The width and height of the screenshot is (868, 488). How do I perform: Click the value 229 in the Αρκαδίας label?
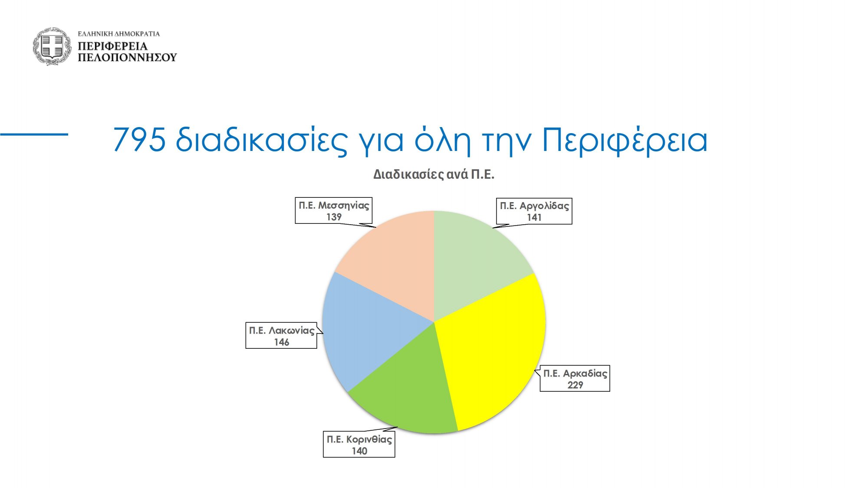(x=575, y=385)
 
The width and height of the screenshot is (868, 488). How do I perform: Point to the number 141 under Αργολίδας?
(x=534, y=217)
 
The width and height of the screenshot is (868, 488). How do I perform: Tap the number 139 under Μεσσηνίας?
(x=334, y=217)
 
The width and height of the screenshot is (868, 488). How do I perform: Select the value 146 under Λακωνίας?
(x=281, y=342)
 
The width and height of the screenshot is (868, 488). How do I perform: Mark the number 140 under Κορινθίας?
(x=359, y=451)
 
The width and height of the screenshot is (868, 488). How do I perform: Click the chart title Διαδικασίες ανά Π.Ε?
(x=434, y=174)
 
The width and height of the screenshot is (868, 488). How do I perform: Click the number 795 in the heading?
(x=139, y=140)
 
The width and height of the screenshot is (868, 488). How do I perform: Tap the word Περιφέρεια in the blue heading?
(x=625, y=141)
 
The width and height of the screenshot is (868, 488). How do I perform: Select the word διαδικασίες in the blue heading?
(x=262, y=141)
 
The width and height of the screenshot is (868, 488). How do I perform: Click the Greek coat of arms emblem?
(x=52, y=46)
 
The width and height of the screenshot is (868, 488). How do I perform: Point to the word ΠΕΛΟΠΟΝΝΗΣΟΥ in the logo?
(x=127, y=57)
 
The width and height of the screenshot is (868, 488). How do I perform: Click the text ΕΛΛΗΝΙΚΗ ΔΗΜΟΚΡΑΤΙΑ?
(x=119, y=33)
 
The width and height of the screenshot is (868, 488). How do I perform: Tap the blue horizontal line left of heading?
(x=34, y=134)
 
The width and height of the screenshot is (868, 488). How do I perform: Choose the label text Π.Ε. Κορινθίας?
(x=359, y=439)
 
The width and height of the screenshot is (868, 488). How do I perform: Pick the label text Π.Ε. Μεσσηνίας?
(x=334, y=205)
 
